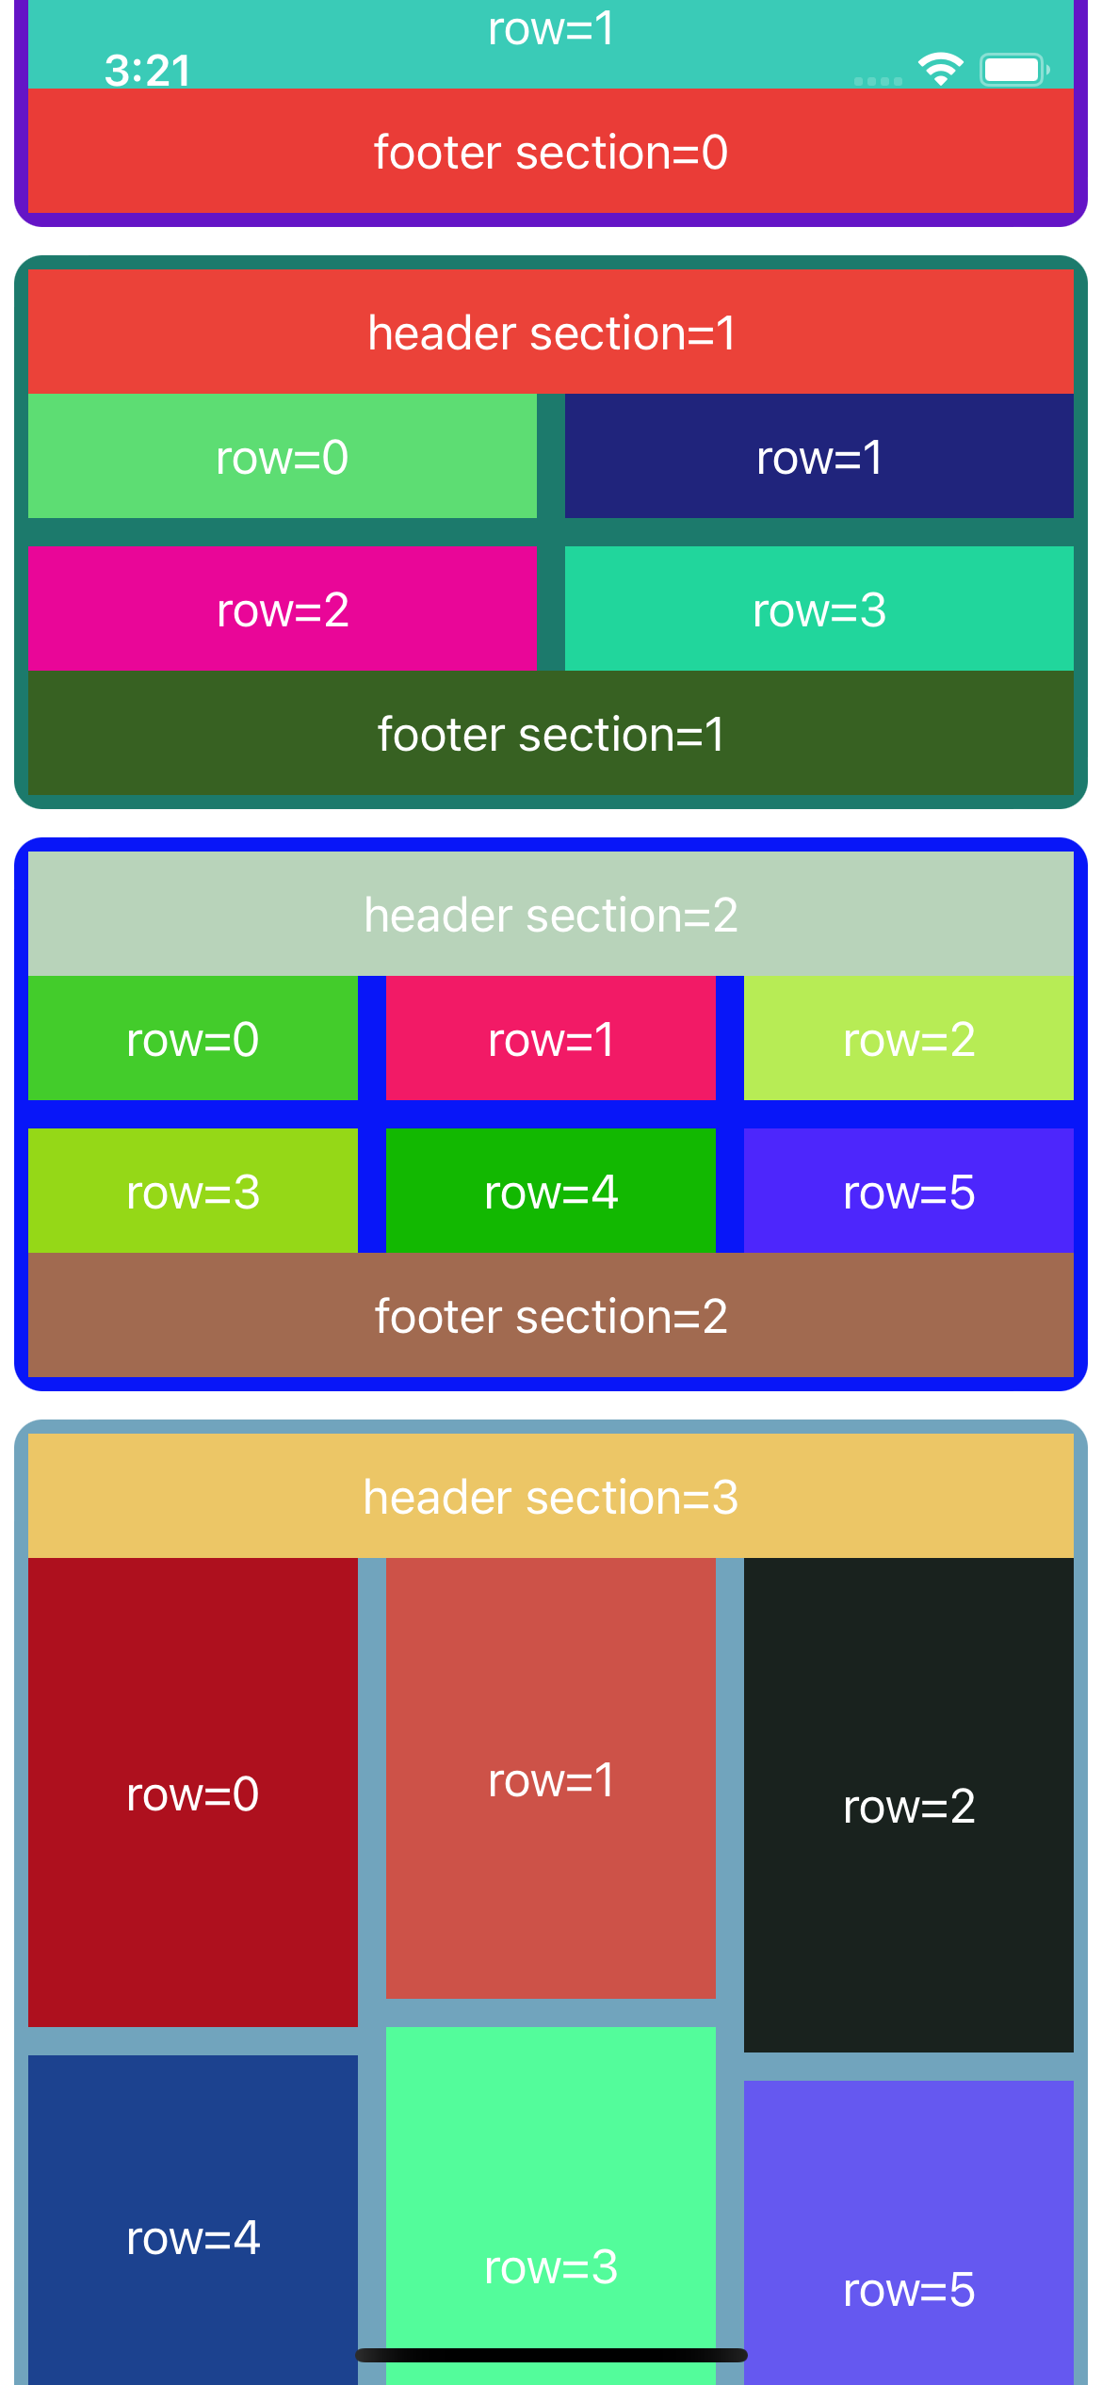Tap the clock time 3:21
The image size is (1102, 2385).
coord(147,71)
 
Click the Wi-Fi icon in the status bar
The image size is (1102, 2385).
coord(940,69)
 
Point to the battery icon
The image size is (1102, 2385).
coord(1013,70)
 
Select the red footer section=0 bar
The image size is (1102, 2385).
coord(551,152)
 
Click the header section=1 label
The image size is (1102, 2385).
coord(551,333)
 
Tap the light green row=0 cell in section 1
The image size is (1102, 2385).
coord(283,457)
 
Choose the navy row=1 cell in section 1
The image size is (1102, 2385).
coord(819,457)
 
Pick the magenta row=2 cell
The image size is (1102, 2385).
coord(283,609)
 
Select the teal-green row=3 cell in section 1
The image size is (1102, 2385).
coord(819,609)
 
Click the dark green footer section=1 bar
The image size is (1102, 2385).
coord(551,734)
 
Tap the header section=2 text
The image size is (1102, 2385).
coord(551,915)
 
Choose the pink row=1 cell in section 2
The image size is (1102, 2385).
coord(551,1039)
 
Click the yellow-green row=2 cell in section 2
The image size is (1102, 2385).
coord(909,1039)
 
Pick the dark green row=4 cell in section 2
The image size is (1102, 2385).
coord(551,1192)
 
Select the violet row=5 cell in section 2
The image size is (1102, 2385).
coord(909,1192)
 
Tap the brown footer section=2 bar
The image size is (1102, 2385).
coord(551,1316)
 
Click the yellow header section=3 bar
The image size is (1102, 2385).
coord(551,1497)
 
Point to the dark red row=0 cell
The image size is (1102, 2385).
coord(193,1793)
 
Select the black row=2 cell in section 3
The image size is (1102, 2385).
coord(909,1805)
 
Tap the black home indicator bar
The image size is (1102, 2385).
coord(551,2355)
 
